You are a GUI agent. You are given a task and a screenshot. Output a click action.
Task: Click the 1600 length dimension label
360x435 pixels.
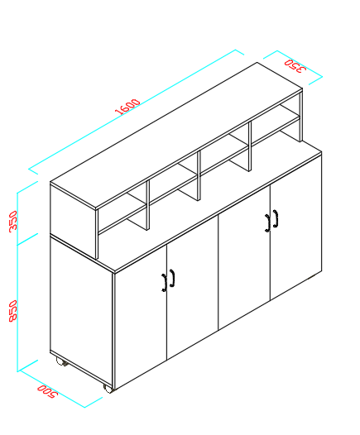tap(127, 106)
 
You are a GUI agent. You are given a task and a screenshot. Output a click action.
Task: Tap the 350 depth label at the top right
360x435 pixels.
tap(295, 66)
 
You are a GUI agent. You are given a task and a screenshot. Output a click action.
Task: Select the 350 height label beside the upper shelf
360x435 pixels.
tap(12, 221)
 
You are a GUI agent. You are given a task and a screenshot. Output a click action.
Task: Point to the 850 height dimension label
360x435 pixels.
tap(12, 311)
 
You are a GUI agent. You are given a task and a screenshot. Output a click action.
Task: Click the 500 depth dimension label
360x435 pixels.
tap(47, 391)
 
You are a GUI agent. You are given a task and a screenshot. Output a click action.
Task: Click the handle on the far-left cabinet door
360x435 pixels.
tap(165, 283)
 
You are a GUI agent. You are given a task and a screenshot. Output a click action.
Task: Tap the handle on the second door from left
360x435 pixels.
tap(172, 278)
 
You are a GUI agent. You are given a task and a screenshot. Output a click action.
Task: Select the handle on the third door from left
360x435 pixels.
tap(267, 222)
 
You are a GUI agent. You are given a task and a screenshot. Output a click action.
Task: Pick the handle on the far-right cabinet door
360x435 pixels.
tap(276, 218)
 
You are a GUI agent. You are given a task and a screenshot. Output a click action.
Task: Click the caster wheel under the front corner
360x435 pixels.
tap(108, 388)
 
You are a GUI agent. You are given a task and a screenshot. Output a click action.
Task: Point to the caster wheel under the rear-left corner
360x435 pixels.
tap(61, 361)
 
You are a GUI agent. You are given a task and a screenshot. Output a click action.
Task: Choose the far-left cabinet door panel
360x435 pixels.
tap(141, 316)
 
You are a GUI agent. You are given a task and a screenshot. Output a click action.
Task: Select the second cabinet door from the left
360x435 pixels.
tap(192, 287)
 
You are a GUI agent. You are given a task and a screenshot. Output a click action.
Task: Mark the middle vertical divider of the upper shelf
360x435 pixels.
tap(199, 175)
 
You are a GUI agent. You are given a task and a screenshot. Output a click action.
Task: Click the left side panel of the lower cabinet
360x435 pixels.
tap(81, 311)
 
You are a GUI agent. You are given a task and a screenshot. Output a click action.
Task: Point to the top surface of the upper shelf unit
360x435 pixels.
tap(176, 136)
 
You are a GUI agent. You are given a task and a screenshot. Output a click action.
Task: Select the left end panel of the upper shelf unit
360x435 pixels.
tap(73, 221)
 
